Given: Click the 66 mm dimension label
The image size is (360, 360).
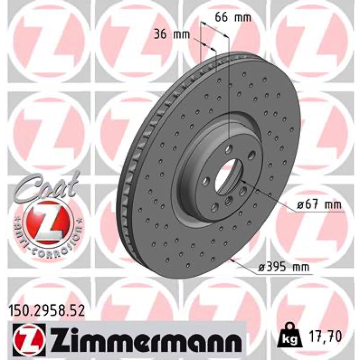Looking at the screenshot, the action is (233, 18).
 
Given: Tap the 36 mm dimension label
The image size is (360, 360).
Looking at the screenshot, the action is (172, 35).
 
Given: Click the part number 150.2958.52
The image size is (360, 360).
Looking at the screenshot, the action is (47, 311).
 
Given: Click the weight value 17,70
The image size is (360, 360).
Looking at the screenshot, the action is (324, 336).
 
